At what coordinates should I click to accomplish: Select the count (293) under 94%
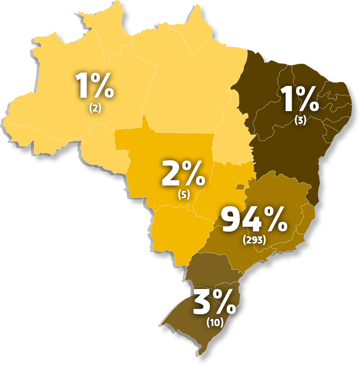click(254, 240)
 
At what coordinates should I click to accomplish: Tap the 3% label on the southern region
click(215, 302)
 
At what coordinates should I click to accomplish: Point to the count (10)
click(215, 322)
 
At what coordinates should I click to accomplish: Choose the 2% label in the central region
click(183, 174)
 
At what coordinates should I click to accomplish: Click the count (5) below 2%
click(184, 194)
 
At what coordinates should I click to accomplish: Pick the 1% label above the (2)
click(95, 85)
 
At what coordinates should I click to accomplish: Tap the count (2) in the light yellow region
click(95, 108)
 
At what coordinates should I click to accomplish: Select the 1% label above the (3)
click(300, 99)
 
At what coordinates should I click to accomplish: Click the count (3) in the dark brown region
click(300, 121)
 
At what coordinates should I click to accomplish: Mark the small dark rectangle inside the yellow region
click(239, 187)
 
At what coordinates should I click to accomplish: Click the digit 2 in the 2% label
click(171, 174)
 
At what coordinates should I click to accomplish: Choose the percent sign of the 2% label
click(194, 174)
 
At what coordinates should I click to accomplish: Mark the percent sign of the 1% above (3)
click(307, 99)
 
